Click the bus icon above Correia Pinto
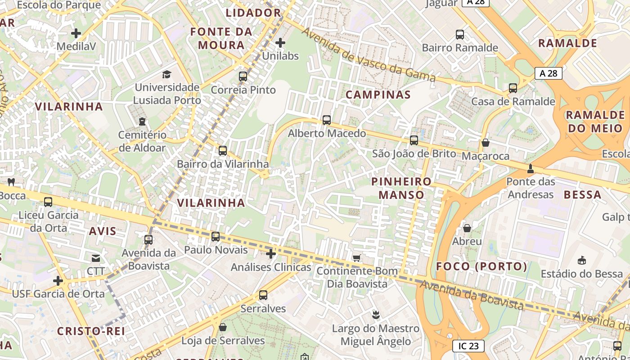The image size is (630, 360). coord(243,76)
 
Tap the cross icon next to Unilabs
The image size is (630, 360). coord(280,43)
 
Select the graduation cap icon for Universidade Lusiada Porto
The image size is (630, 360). coord(167,74)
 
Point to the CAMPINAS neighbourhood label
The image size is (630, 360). coord(378,94)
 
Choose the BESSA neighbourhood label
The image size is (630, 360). coord(582,195)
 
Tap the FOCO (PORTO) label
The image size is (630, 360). coord(481,266)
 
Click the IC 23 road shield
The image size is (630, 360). coord(468,346)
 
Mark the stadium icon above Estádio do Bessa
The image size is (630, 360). coord(582,260)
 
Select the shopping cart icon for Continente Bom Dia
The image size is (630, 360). coord(357,258)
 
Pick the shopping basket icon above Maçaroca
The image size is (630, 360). coord(486,143)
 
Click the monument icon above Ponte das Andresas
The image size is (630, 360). coord(531,168)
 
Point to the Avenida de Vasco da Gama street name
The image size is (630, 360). coord(369,55)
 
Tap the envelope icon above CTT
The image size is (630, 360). coord(96,258)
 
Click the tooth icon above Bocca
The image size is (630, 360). coord(11,182)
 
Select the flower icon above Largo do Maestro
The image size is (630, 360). coord(375,315)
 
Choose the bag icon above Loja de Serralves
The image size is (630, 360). coord(223,327)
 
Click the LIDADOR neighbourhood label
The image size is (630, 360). coord(253,13)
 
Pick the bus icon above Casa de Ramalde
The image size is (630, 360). coord(513,88)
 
